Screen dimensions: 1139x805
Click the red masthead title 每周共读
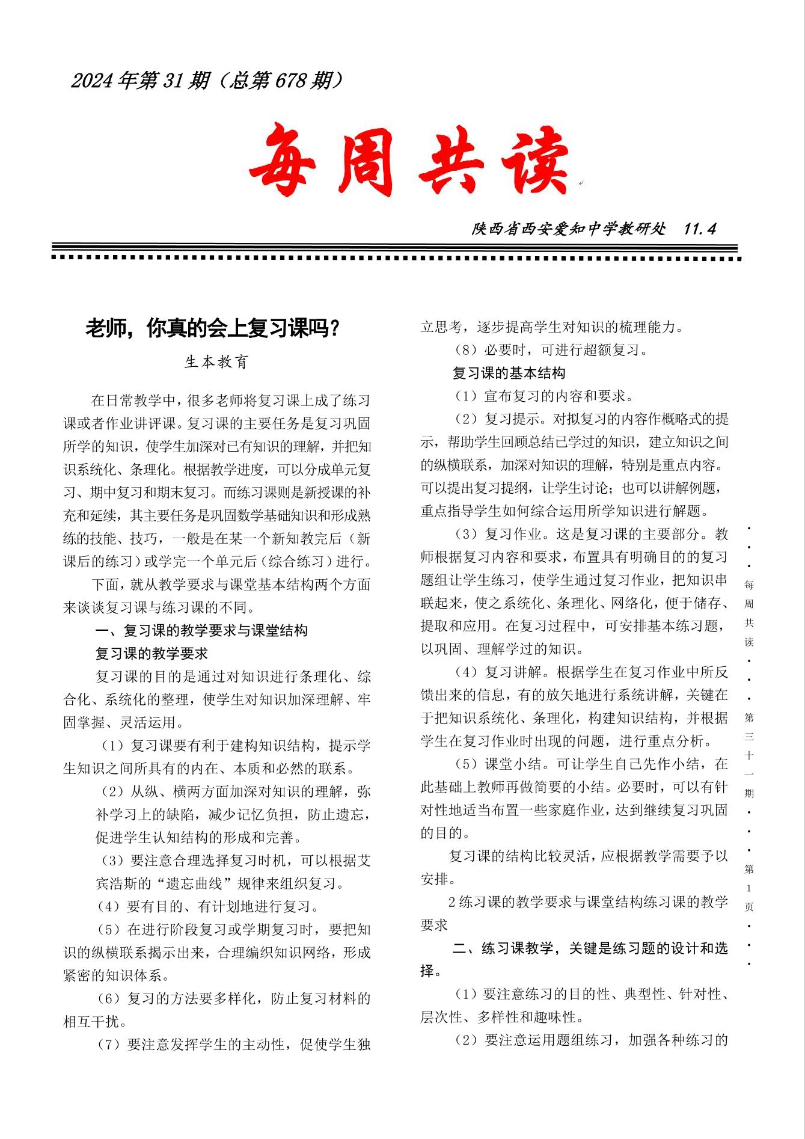(409, 161)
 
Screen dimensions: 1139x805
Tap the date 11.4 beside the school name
(700, 229)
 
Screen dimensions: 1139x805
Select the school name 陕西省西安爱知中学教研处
(569, 229)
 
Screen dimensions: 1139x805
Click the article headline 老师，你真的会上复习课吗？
(213, 329)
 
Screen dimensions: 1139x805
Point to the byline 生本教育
(216, 362)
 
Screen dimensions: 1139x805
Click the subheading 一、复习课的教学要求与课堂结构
(201, 630)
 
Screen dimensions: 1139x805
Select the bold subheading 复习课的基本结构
(509, 373)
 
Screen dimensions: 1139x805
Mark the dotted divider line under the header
(397, 258)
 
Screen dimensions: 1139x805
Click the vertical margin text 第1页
(749, 888)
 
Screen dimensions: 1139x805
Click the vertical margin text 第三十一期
(749, 755)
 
